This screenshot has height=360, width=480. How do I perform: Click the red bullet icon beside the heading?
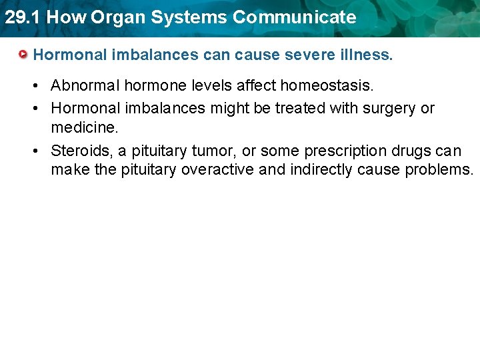click(24, 54)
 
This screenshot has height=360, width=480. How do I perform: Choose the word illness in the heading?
click(366, 54)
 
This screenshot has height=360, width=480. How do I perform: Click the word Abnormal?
click(85, 85)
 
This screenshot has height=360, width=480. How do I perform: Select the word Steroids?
click(81, 150)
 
